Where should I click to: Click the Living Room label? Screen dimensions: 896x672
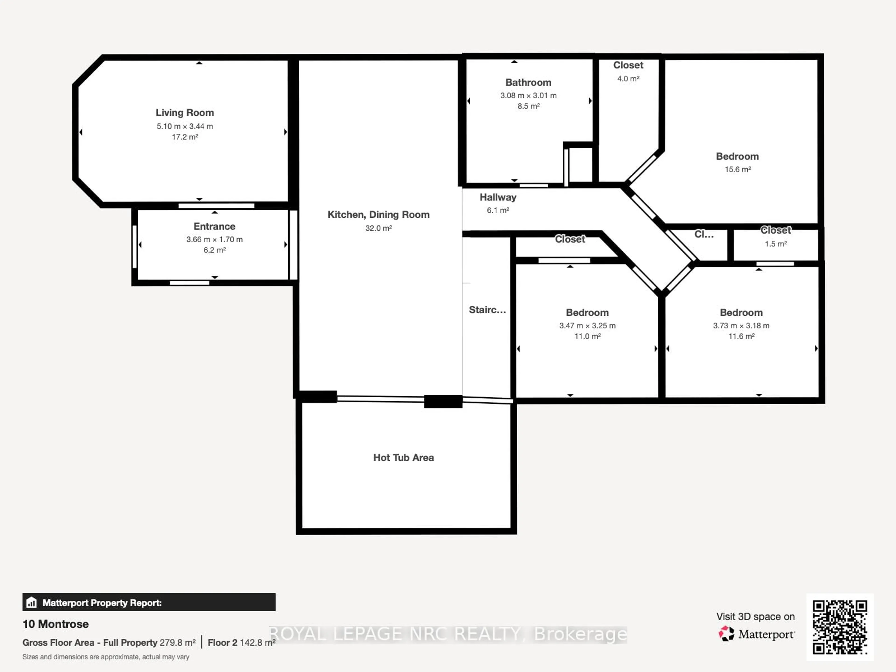point(185,113)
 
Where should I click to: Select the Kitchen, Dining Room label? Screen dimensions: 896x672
point(378,215)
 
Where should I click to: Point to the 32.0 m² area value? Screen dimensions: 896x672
point(378,228)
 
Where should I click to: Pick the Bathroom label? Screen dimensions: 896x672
point(528,83)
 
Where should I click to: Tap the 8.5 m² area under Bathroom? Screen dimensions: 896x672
point(528,106)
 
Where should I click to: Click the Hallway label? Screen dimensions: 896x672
point(498,197)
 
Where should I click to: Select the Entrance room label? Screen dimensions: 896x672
point(214,226)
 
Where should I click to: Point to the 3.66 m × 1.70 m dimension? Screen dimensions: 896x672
point(214,239)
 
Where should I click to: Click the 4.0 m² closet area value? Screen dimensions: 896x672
point(628,79)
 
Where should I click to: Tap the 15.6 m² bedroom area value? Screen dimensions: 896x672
point(738,169)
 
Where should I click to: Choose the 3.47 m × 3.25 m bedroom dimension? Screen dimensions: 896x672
point(587,326)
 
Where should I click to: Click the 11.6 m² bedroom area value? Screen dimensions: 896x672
point(741,336)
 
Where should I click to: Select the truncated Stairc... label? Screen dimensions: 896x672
point(487,310)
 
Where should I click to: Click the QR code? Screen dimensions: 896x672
point(840,627)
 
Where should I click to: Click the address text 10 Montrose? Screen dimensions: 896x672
point(56,624)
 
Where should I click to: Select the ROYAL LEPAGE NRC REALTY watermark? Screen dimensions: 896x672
point(448,634)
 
